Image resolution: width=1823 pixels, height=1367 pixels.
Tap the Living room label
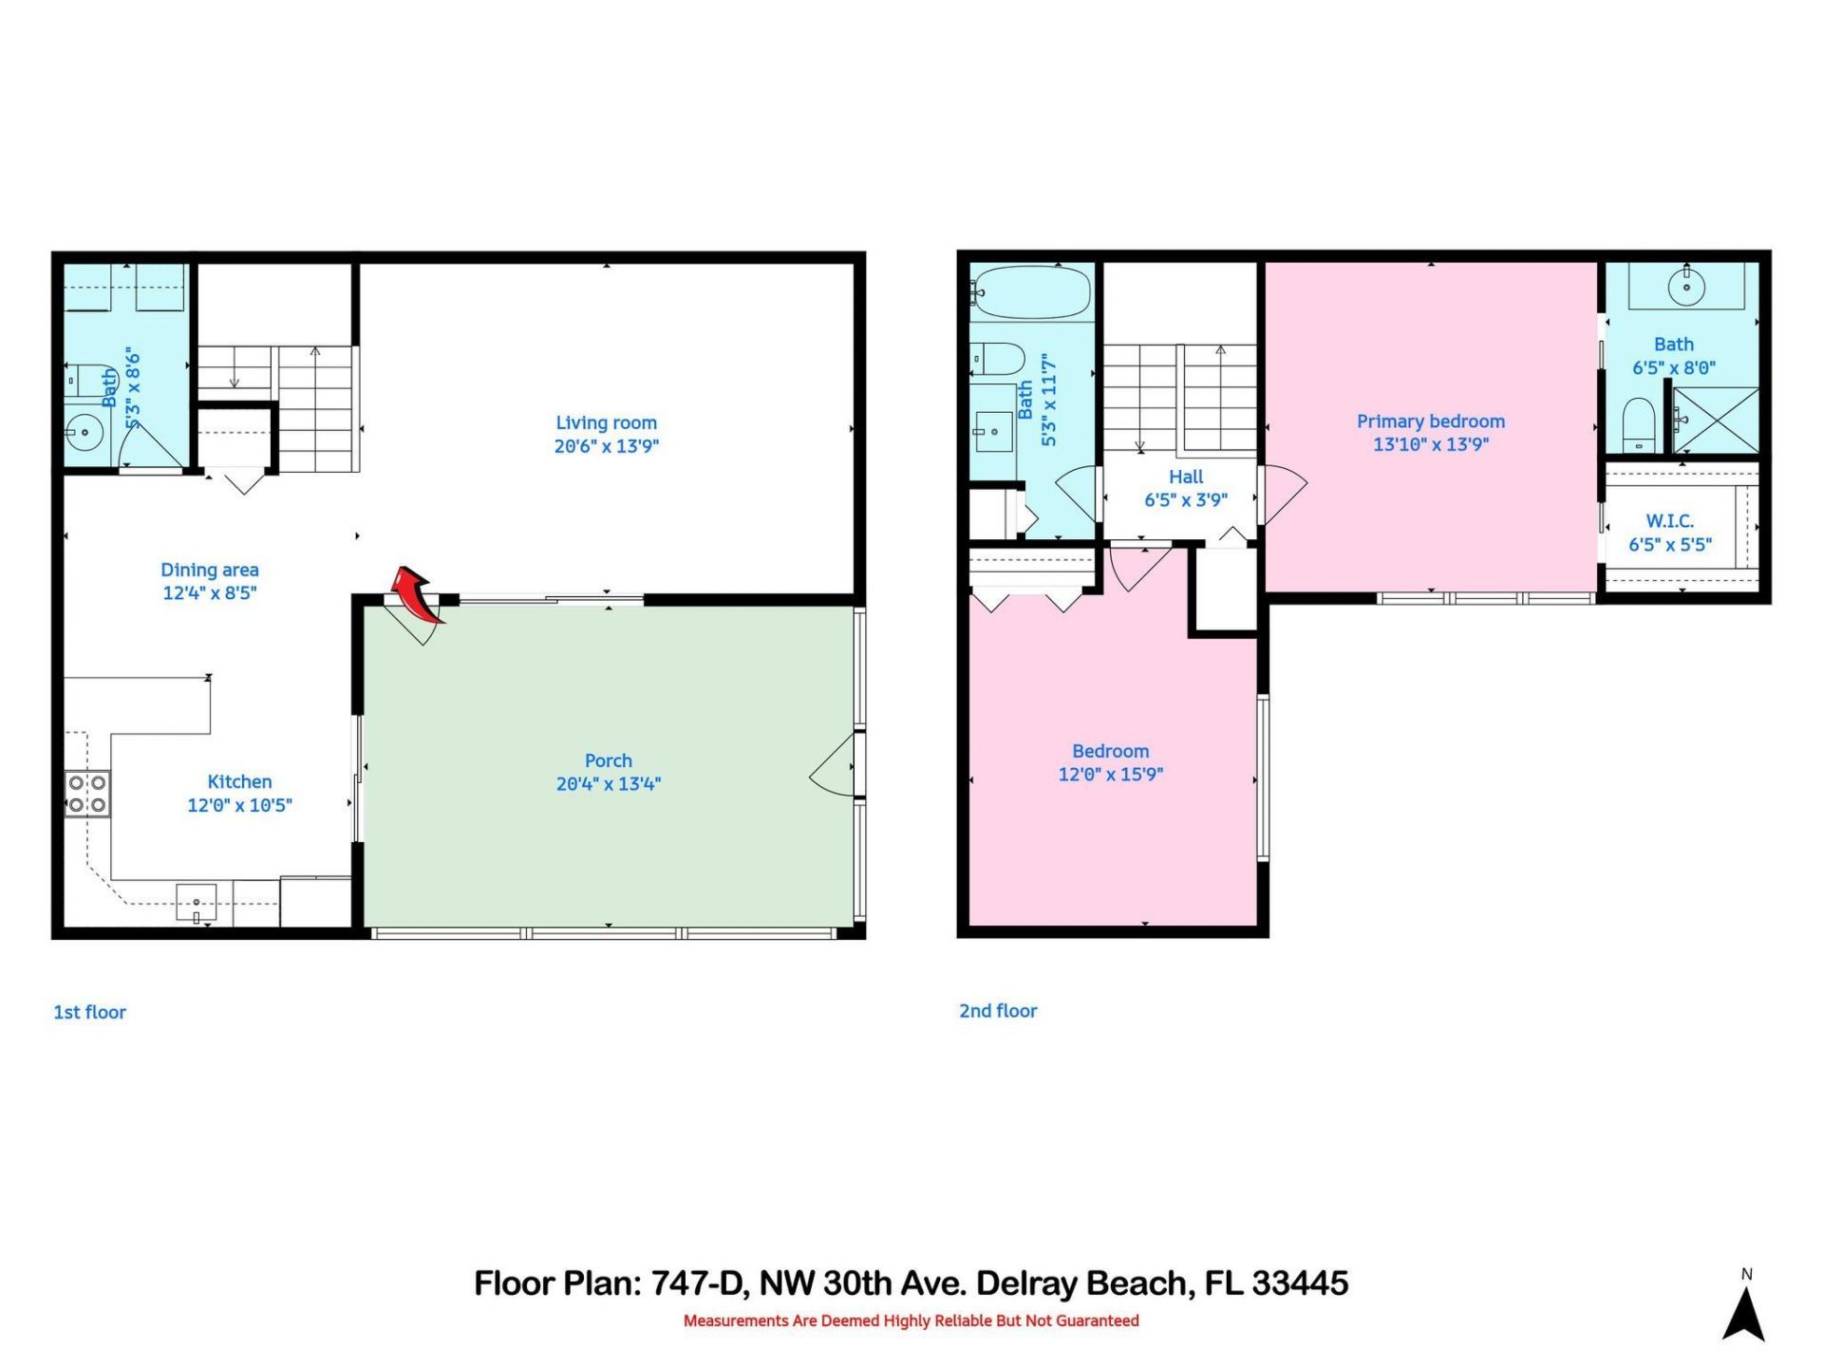(x=606, y=423)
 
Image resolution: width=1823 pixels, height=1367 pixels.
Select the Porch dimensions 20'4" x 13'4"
(x=608, y=784)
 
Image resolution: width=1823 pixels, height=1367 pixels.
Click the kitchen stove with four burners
(x=86, y=794)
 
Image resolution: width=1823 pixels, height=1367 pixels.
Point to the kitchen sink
(x=197, y=903)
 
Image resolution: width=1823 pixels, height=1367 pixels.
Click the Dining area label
(x=209, y=570)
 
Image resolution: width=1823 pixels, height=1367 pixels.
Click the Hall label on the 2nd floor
(x=1186, y=477)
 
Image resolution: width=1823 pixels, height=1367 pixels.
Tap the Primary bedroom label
(x=1430, y=421)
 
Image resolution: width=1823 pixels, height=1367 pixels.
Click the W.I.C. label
(x=1669, y=521)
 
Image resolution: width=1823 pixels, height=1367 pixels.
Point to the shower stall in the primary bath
(x=1715, y=420)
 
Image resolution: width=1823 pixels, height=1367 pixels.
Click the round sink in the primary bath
(x=1687, y=286)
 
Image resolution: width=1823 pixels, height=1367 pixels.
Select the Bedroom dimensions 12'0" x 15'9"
(x=1110, y=775)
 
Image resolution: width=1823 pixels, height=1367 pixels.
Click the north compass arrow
(x=1743, y=1314)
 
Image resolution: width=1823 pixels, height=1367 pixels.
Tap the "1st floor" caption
(x=89, y=1013)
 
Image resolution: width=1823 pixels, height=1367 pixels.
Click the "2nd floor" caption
(x=998, y=1011)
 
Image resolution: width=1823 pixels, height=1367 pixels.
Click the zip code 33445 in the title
(x=1300, y=1283)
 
